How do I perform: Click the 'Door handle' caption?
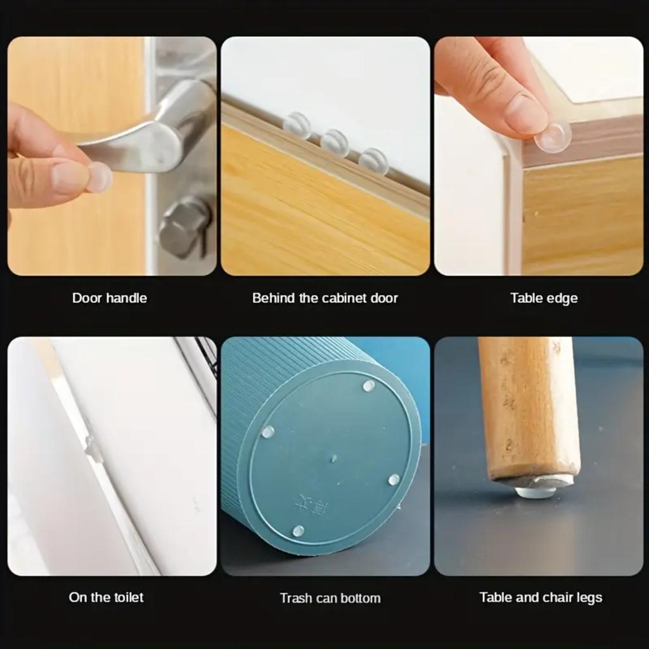coord(109,298)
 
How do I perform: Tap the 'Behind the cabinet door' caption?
coord(324,298)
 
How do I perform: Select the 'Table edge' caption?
coord(544,298)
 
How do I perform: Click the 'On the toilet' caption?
coord(106,597)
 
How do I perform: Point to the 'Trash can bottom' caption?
coord(330,598)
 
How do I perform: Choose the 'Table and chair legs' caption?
coord(541,597)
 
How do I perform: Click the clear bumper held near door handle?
coord(99,177)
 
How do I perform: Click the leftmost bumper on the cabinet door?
coord(297,125)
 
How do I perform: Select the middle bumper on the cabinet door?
coord(335,143)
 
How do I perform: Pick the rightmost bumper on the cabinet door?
coord(373,161)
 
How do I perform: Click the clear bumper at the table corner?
coord(553,137)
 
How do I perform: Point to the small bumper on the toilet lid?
coord(93,448)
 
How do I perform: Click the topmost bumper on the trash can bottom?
coord(368,385)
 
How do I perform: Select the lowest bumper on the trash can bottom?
coord(298,530)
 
